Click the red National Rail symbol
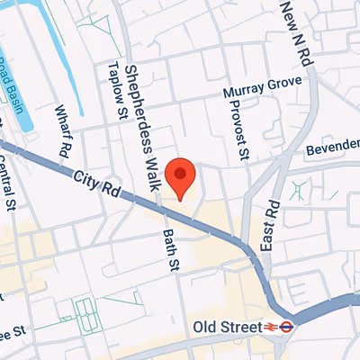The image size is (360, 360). click(x=270, y=328)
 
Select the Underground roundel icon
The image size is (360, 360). click(x=286, y=328)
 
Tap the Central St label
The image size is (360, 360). click(x=12, y=184)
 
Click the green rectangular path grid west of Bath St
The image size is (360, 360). click(x=86, y=312)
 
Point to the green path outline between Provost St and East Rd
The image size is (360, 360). click(x=297, y=191)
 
